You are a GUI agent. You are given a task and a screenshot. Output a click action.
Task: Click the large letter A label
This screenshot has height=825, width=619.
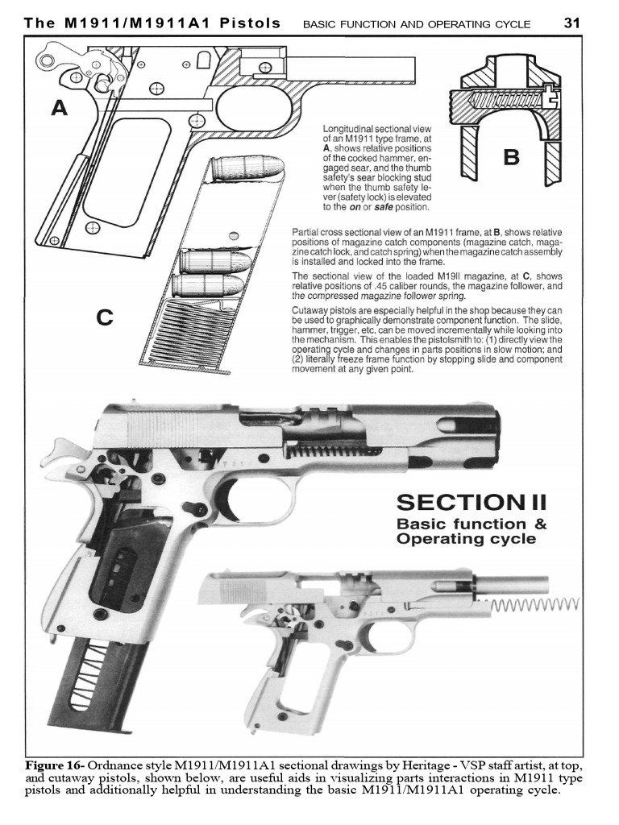click(x=59, y=108)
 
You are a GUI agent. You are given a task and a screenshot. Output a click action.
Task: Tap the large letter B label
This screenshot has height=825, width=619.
click(x=510, y=156)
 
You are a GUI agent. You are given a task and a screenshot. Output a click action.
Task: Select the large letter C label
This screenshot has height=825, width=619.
click(x=104, y=317)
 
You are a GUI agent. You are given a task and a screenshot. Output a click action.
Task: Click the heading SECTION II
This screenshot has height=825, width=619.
click(x=472, y=502)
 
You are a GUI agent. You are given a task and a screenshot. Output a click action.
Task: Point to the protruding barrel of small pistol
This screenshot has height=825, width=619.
click(x=516, y=582)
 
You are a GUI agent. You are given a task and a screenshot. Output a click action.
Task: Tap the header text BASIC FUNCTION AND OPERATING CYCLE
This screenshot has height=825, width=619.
click(x=416, y=24)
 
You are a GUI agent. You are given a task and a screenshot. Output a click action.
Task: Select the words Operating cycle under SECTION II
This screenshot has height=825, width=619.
click(x=466, y=539)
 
